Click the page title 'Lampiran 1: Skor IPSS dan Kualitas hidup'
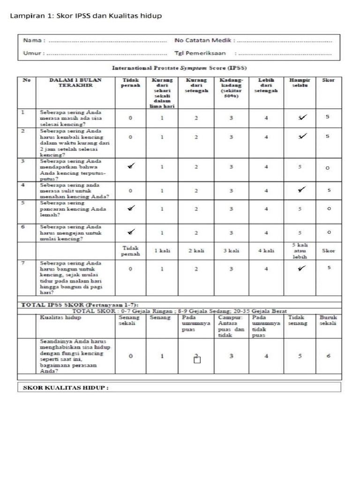86,16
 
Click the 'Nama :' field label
34,41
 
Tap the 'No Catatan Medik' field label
204,41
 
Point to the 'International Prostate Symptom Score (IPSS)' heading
180,68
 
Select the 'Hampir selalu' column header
300,83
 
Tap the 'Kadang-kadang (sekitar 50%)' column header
231,88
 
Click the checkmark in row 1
302,117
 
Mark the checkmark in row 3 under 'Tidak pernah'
131,165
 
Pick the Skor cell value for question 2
328,136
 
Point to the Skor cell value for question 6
329,232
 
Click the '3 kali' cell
231,251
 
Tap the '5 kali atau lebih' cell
300,251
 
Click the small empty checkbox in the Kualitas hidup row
197,360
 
